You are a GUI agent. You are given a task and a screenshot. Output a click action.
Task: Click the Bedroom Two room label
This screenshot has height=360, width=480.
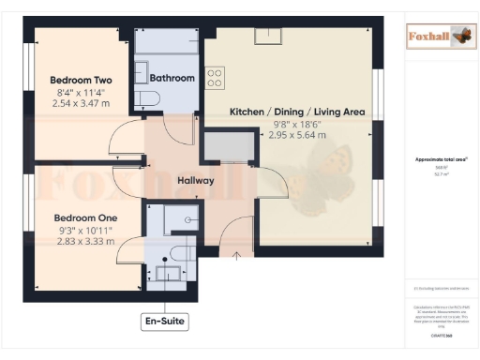pyautogui.click(x=82, y=81)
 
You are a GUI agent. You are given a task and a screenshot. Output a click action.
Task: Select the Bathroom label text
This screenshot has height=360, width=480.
pyautogui.click(x=172, y=78)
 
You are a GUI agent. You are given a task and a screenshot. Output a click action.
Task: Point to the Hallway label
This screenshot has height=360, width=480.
pyautogui.click(x=196, y=180)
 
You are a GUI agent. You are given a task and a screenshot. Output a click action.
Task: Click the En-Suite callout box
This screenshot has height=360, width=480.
pyautogui.click(x=164, y=322)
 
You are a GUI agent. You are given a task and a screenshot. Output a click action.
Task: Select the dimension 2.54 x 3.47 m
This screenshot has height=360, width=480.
pyautogui.click(x=82, y=104)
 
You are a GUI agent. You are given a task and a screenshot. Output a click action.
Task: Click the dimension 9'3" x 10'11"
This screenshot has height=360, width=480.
pyautogui.click(x=82, y=229)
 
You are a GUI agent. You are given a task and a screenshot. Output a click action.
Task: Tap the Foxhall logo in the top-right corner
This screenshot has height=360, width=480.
pyautogui.click(x=436, y=37)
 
